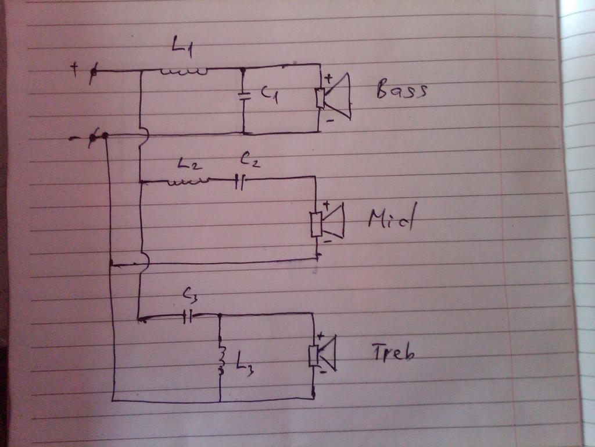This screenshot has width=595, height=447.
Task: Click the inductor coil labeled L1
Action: click(184, 72)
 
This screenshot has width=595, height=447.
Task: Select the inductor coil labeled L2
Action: click(187, 182)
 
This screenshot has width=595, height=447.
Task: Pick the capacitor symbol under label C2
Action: click(241, 182)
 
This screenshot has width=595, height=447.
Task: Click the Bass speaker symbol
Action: click(334, 97)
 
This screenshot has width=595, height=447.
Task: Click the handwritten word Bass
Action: click(402, 91)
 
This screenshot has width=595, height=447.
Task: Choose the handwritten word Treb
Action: click(393, 352)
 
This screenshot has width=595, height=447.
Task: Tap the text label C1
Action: click(269, 95)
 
